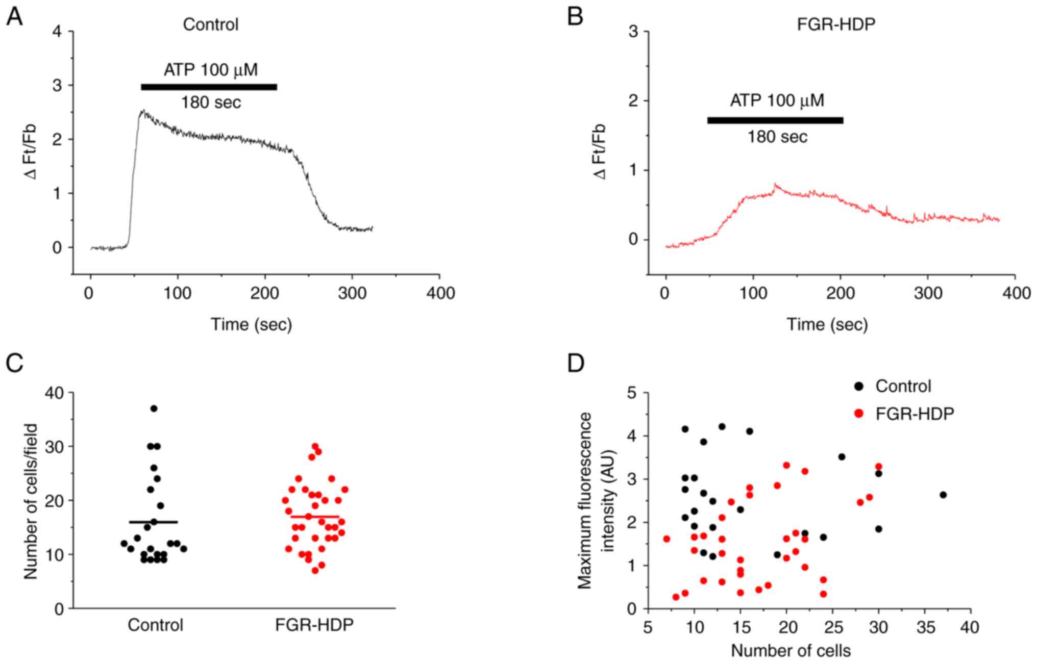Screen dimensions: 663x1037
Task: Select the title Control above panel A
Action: pyautogui.click(x=210, y=24)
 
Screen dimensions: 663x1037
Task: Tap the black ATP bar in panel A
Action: pyautogui.click(x=209, y=87)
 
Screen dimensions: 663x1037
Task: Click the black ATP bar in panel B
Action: pyautogui.click(x=775, y=120)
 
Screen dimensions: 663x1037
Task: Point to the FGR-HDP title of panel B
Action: pyautogui.click(x=836, y=24)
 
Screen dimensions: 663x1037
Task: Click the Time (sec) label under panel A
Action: pyautogui.click(x=252, y=324)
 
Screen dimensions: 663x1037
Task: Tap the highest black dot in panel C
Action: pyautogui.click(x=154, y=409)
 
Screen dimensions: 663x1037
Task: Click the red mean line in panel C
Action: pyautogui.click(x=315, y=517)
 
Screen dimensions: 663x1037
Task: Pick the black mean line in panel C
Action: pyautogui.click(x=154, y=522)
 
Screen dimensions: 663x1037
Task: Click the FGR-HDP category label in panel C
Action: pyautogui.click(x=314, y=625)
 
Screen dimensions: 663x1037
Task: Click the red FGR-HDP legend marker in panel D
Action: pyautogui.click(x=859, y=414)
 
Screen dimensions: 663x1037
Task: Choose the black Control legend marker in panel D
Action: pyautogui.click(x=859, y=386)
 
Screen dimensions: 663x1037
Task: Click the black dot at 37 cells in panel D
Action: pyautogui.click(x=943, y=495)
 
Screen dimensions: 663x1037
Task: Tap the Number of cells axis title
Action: pyautogui.click(x=791, y=651)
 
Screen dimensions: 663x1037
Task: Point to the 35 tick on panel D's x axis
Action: pyautogui.click(x=924, y=627)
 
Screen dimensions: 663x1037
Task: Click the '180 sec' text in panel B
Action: pyautogui.click(x=777, y=137)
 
